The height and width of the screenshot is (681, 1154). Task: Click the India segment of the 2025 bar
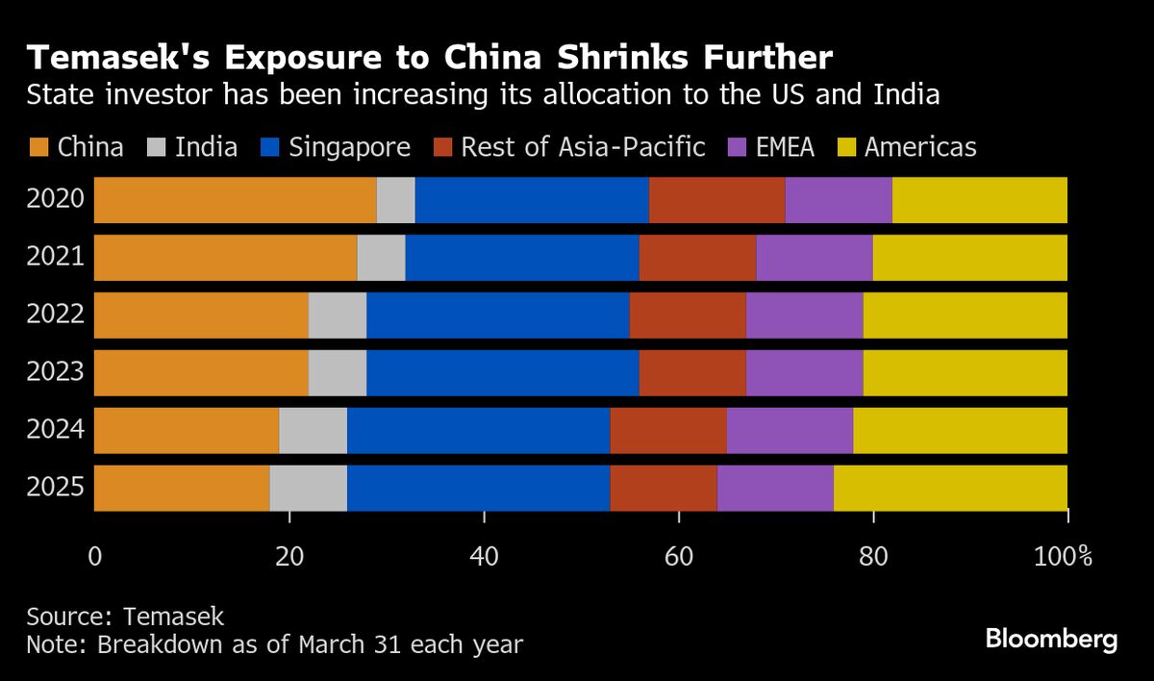tap(308, 488)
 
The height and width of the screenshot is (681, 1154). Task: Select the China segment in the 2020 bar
tap(235, 200)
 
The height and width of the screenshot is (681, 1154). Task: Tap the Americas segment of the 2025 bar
tap(950, 488)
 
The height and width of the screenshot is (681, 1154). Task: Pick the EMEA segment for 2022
tap(804, 315)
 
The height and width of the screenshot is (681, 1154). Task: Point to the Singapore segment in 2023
tap(502, 373)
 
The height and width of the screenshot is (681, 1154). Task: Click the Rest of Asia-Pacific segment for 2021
tap(697, 258)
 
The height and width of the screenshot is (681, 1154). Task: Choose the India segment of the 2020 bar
tap(395, 200)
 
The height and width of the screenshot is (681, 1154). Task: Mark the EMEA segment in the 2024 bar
tap(790, 430)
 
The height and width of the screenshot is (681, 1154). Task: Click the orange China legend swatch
tap(38, 147)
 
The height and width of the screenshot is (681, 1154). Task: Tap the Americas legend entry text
tap(919, 147)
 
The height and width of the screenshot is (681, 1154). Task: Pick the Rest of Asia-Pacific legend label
tap(583, 147)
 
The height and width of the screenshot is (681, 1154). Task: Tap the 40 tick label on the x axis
tap(484, 556)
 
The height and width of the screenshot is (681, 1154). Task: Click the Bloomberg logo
tap(1051, 639)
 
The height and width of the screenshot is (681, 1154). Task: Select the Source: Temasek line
tap(125, 617)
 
